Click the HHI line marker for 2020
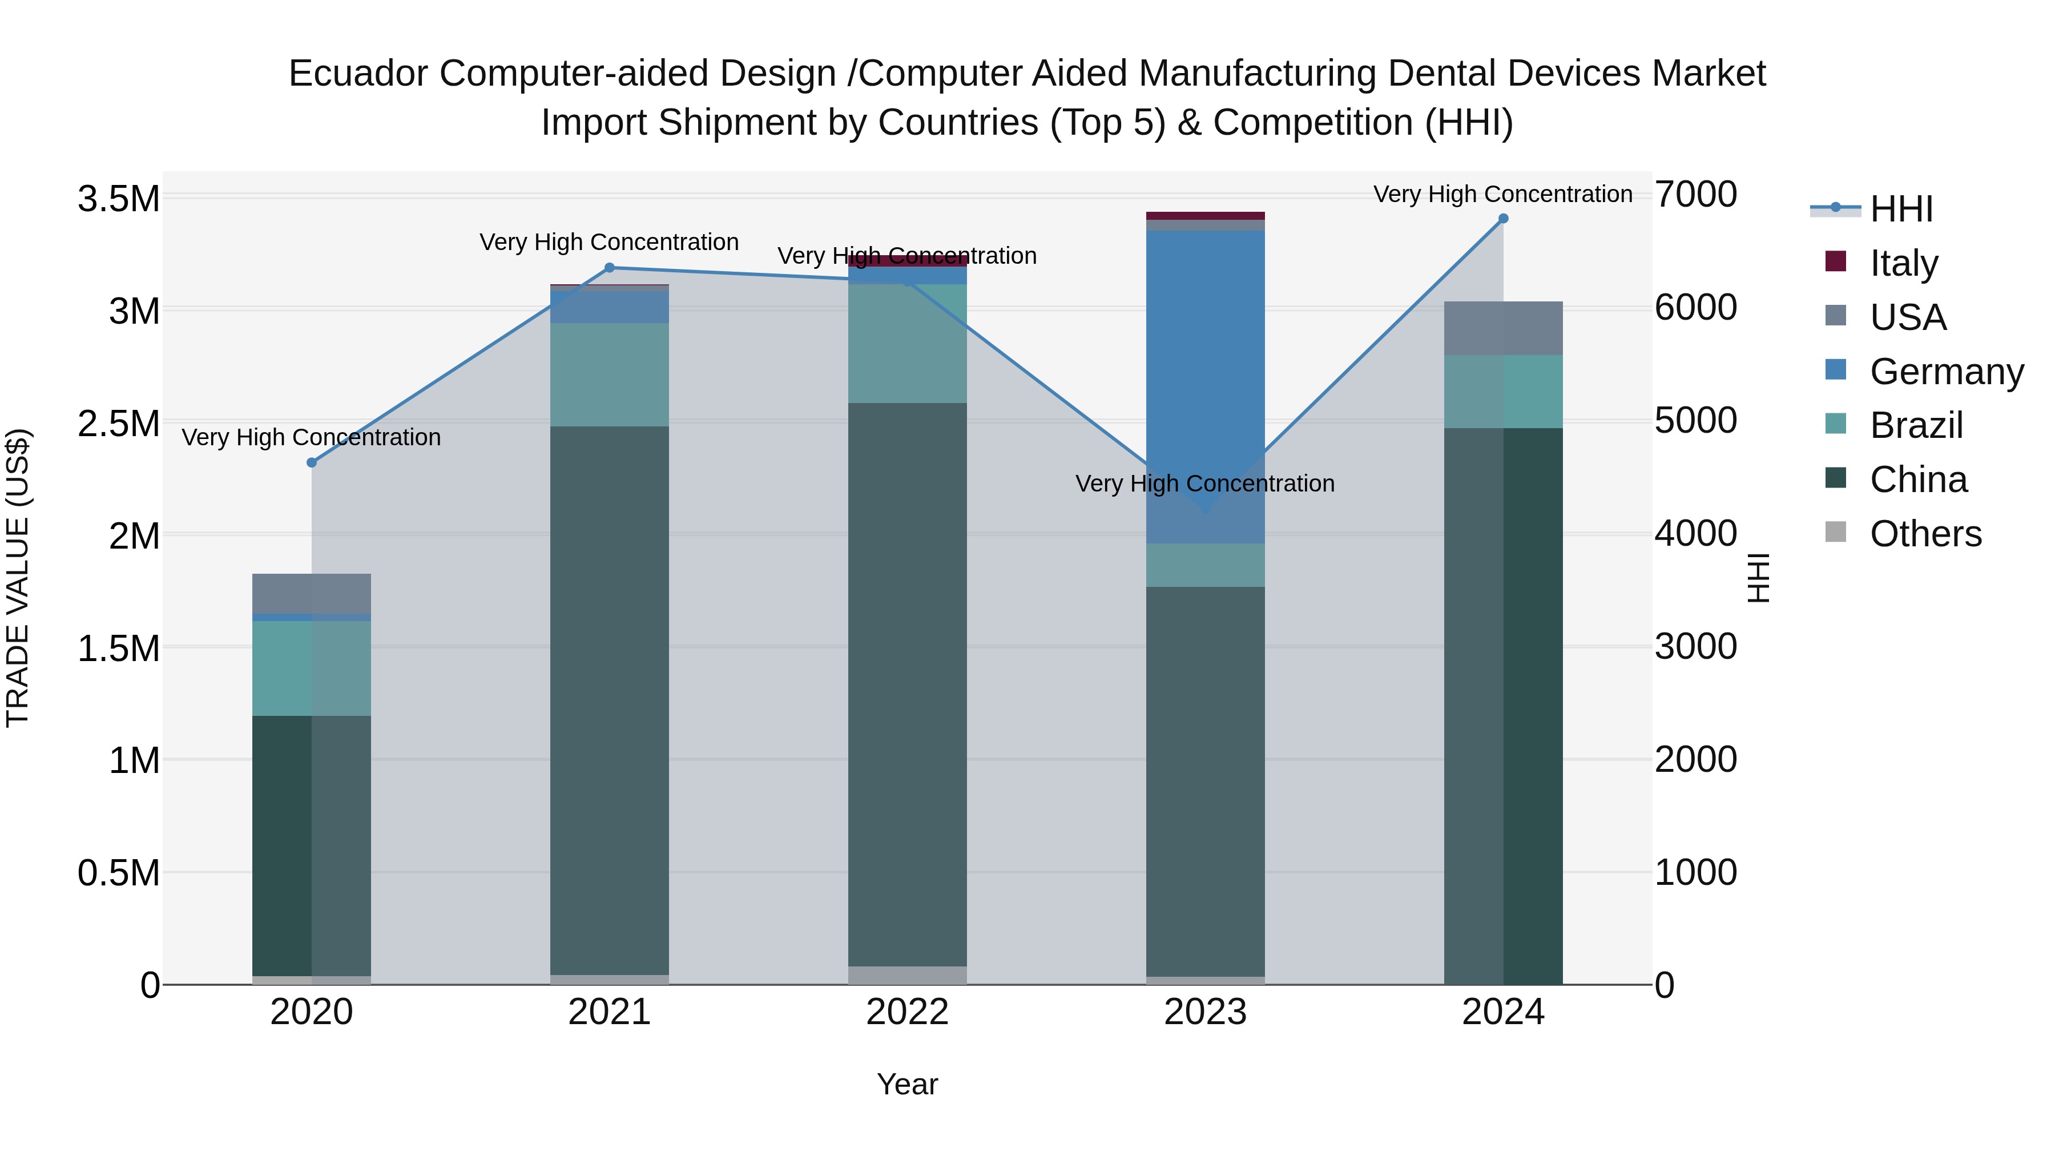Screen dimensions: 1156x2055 pos(312,463)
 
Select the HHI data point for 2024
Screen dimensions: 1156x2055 pos(1503,219)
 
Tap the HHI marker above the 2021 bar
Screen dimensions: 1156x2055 pos(610,268)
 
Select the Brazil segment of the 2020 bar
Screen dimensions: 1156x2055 pos(312,668)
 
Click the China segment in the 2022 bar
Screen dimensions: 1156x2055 pos(907,684)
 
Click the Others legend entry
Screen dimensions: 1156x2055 pos(1924,534)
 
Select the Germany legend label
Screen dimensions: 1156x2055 pos(1946,372)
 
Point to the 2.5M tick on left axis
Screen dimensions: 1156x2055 pos(118,424)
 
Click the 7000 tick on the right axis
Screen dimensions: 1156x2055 pos(1695,195)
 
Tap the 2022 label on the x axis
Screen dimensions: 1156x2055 pos(907,1012)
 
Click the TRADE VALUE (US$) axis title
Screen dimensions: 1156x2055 pos(18,578)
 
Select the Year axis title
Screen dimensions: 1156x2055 pos(907,1084)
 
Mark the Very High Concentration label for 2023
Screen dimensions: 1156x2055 pos(1204,484)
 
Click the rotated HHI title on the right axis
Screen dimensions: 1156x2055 pos(1758,578)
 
